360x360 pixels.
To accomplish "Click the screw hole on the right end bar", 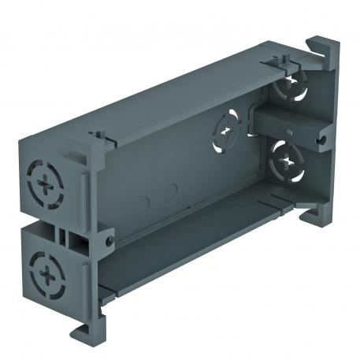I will click(323, 139).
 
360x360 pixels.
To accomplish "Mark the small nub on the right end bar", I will click(290, 133).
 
